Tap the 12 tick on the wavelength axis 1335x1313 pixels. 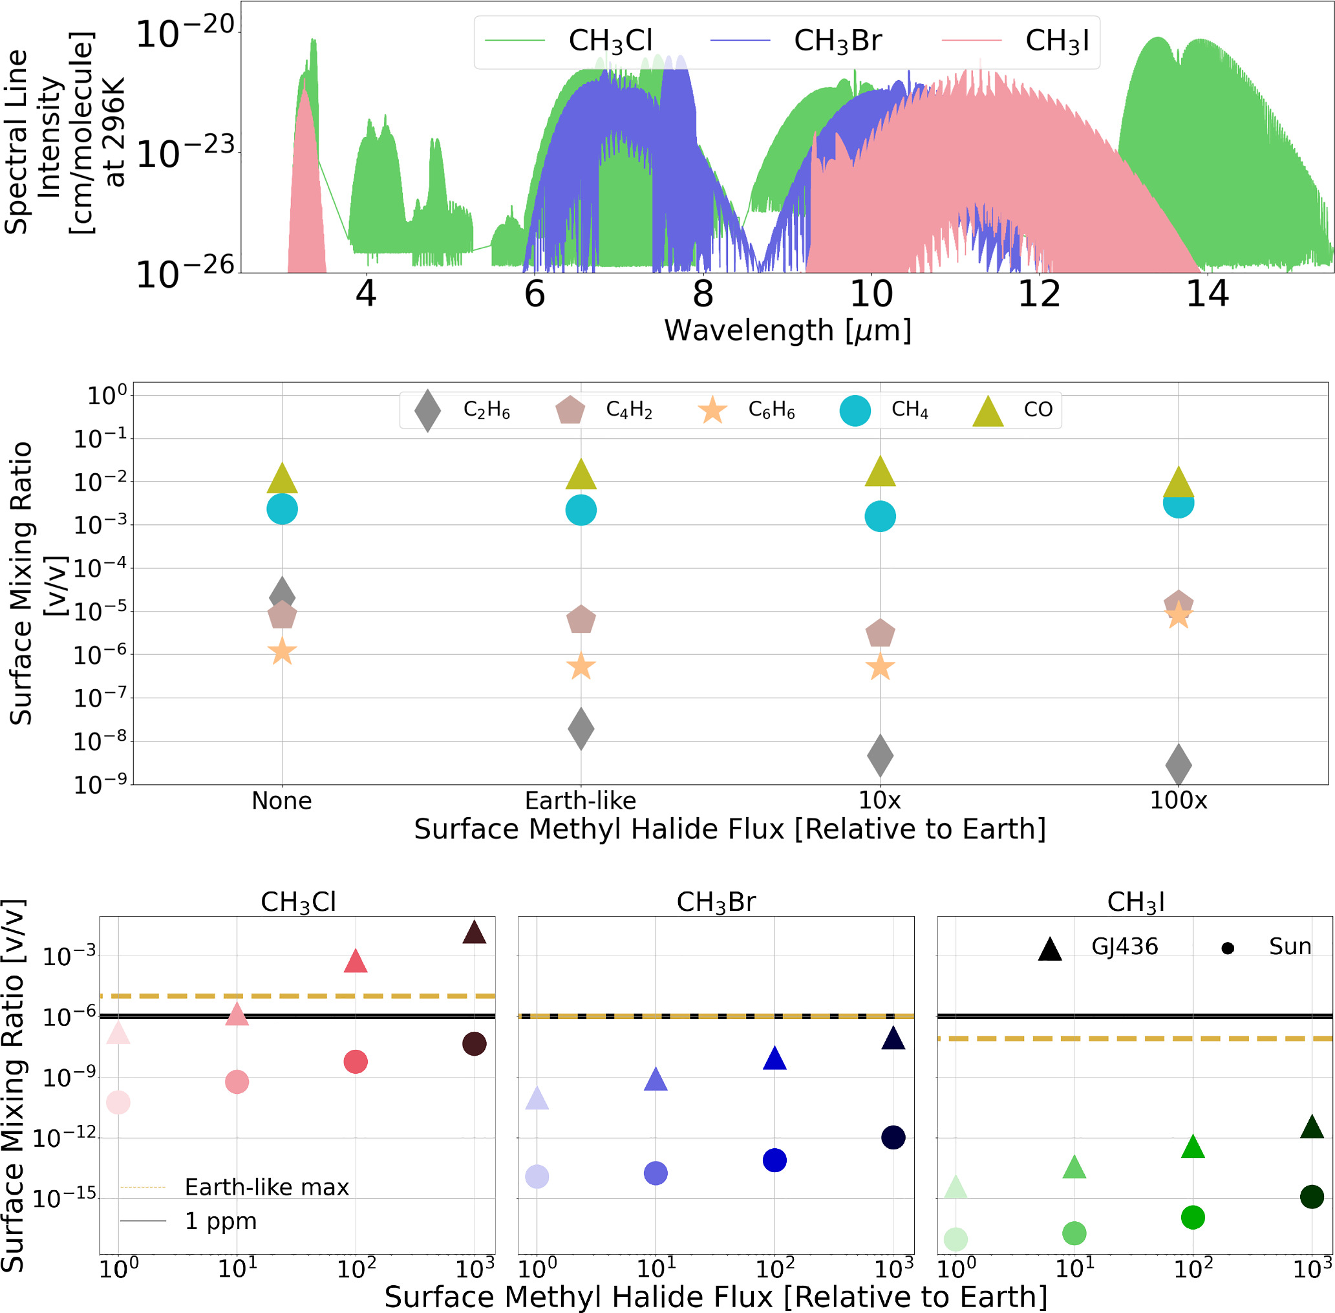pyautogui.click(x=1039, y=294)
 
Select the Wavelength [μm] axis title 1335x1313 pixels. pyautogui.click(x=787, y=330)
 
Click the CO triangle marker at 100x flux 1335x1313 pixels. pyautogui.click(x=1178, y=483)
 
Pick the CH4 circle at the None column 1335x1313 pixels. pyautogui.click(x=282, y=509)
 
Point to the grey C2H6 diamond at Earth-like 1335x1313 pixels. pyautogui.click(x=581, y=728)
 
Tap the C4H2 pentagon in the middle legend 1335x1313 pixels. pyautogui.click(x=570, y=411)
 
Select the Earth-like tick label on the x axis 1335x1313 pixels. pyautogui.click(x=580, y=800)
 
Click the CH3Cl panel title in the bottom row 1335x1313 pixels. pyautogui.click(x=298, y=901)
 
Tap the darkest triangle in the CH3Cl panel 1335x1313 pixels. pyautogui.click(x=475, y=933)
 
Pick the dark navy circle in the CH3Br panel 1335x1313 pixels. pyautogui.click(x=893, y=1138)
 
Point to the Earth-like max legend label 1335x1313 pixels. pyautogui.click(x=267, y=1188)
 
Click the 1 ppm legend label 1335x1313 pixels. pyautogui.click(x=220, y=1221)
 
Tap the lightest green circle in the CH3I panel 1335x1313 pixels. pyautogui.click(x=955, y=1239)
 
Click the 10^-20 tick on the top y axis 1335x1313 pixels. pyautogui.click(x=186, y=33)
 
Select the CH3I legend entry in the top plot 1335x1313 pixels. pyautogui.click(x=1056, y=41)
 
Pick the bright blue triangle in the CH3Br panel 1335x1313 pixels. pyautogui.click(x=774, y=1058)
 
